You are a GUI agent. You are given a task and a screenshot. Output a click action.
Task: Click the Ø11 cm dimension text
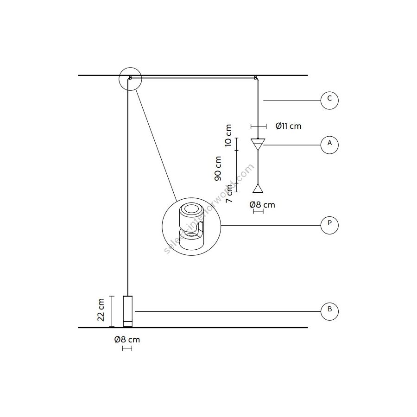click(x=288, y=126)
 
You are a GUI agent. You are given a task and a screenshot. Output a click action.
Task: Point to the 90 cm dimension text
click(x=218, y=169)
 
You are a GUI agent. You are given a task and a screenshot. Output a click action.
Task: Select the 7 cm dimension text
click(x=229, y=193)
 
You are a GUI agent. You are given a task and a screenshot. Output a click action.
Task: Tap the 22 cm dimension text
click(x=101, y=310)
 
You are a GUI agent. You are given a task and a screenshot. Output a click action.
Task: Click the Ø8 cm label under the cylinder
click(x=127, y=340)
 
